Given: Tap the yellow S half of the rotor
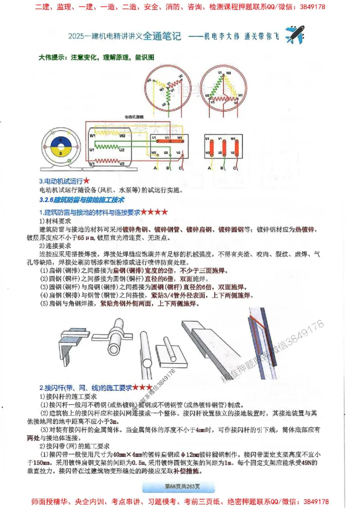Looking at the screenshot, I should (x=60, y=153).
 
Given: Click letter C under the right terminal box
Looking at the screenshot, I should (x=235, y=168).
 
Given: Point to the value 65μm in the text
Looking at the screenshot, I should (x=88, y=237).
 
